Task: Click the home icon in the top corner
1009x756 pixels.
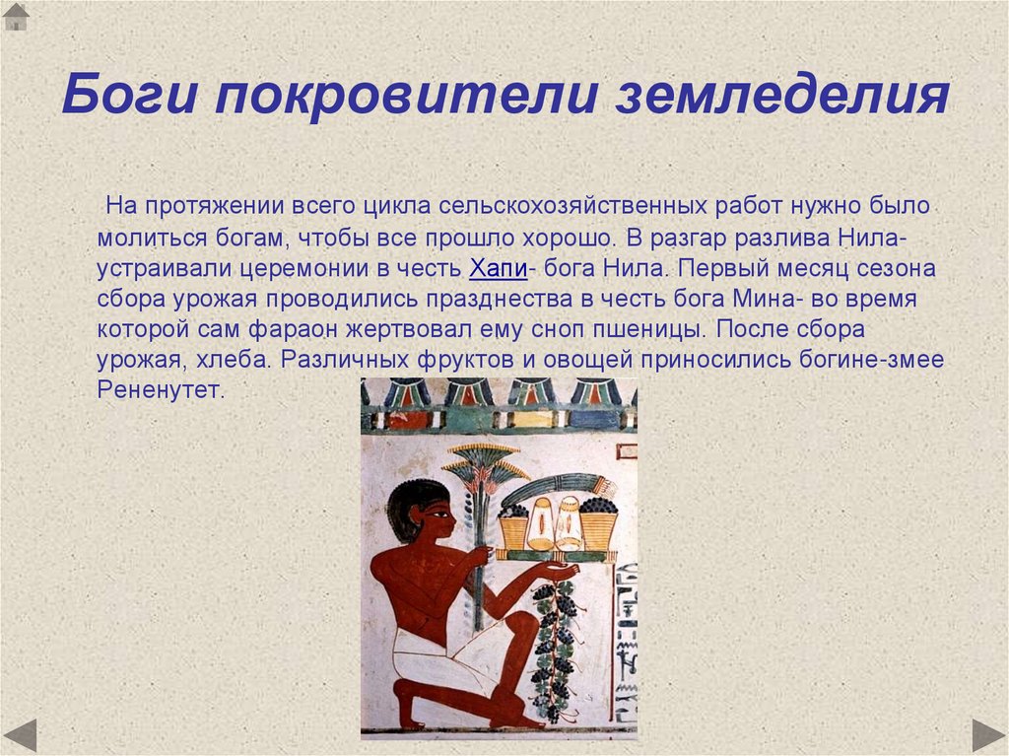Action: pyautogui.click(x=16, y=16)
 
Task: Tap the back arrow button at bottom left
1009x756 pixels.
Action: pyautogui.click(x=19, y=735)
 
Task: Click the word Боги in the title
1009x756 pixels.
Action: pyautogui.click(x=128, y=97)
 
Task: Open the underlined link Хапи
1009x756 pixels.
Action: pyautogui.click(x=496, y=268)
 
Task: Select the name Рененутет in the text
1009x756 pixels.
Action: pyautogui.click(x=162, y=390)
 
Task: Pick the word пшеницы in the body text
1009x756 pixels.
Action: pyautogui.click(x=663, y=329)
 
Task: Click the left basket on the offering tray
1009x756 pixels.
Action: pyautogui.click(x=512, y=527)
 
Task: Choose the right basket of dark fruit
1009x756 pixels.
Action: pyautogui.click(x=598, y=525)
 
